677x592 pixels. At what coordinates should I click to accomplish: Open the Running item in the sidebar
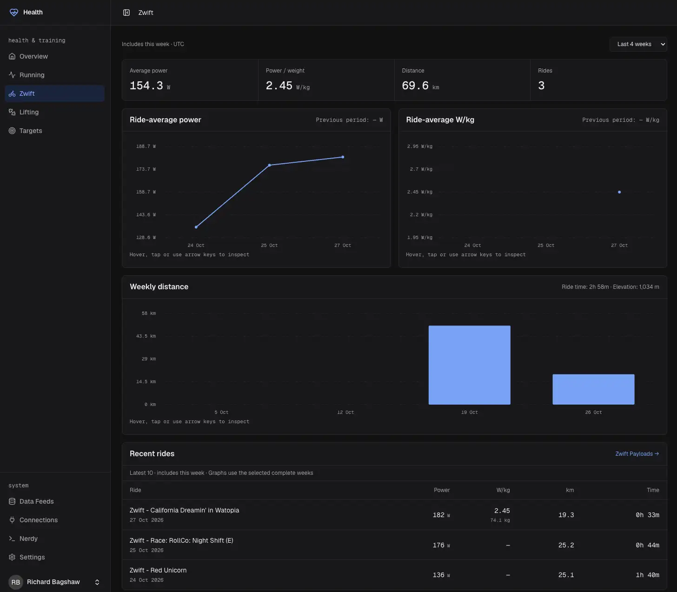click(32, 75)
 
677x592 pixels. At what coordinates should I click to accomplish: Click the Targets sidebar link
click(30, 131)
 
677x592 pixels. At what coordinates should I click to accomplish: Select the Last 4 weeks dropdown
click(638, 44)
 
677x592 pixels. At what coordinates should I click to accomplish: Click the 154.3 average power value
click(146, 86)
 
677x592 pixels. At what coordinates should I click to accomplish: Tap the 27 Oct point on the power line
click(343, 157)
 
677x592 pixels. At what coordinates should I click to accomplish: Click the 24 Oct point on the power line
click(196, 227)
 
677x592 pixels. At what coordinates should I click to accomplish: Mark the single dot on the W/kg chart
click(619, 192)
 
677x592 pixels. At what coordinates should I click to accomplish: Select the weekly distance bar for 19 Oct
click(469, 365)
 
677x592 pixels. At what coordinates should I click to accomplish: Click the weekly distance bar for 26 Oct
click(593, 389)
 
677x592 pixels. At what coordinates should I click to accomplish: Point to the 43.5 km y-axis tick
click(146, 336)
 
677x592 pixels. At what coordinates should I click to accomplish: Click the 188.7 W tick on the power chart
click(146, 146)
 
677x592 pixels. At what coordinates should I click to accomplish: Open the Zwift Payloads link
click(637, 454)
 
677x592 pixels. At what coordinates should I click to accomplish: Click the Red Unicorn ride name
click(158, 570)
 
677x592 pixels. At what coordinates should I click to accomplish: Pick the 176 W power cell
click(441, 545)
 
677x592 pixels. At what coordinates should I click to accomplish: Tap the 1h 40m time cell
click(647, 575)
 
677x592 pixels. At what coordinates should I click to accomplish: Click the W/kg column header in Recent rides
click(503, 490)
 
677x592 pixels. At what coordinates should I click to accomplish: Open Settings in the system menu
click(32, 557)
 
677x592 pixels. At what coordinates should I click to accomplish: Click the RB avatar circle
click(15, 582)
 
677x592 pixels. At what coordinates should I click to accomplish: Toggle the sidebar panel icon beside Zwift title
click(126, 13)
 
